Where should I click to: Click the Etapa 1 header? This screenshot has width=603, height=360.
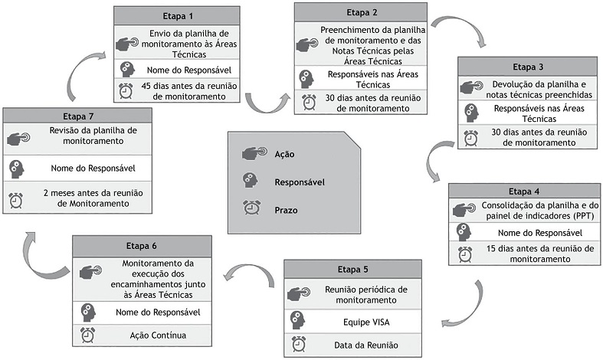182,15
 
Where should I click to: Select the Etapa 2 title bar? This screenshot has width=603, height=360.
360,11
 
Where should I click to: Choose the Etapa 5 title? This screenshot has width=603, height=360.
352,269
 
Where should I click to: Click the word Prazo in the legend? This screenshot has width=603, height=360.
287,209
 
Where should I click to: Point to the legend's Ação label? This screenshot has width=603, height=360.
284,154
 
